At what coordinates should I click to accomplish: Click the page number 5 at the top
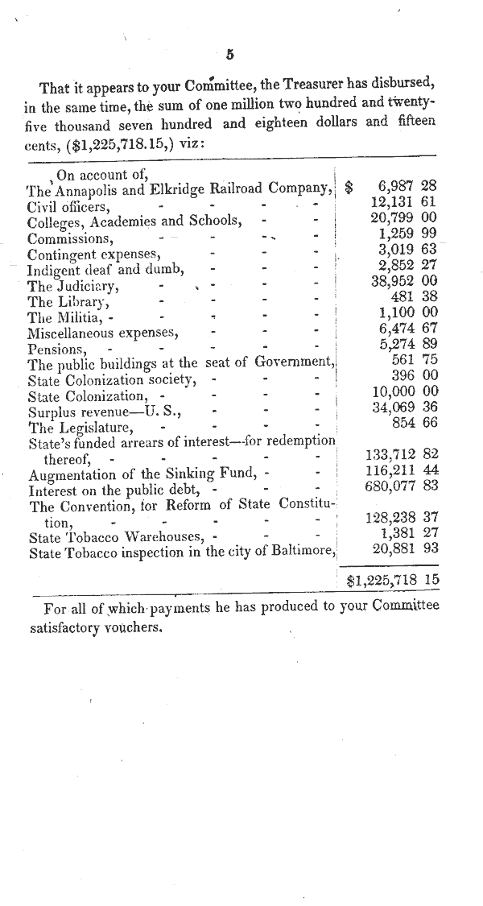(x=230, y=55)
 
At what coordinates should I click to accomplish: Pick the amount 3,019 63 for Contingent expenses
(x=407, y=249)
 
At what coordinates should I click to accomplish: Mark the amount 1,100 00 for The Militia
(x=407, y=312)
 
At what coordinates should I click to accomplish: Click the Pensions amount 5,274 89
(x=407, y=343)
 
